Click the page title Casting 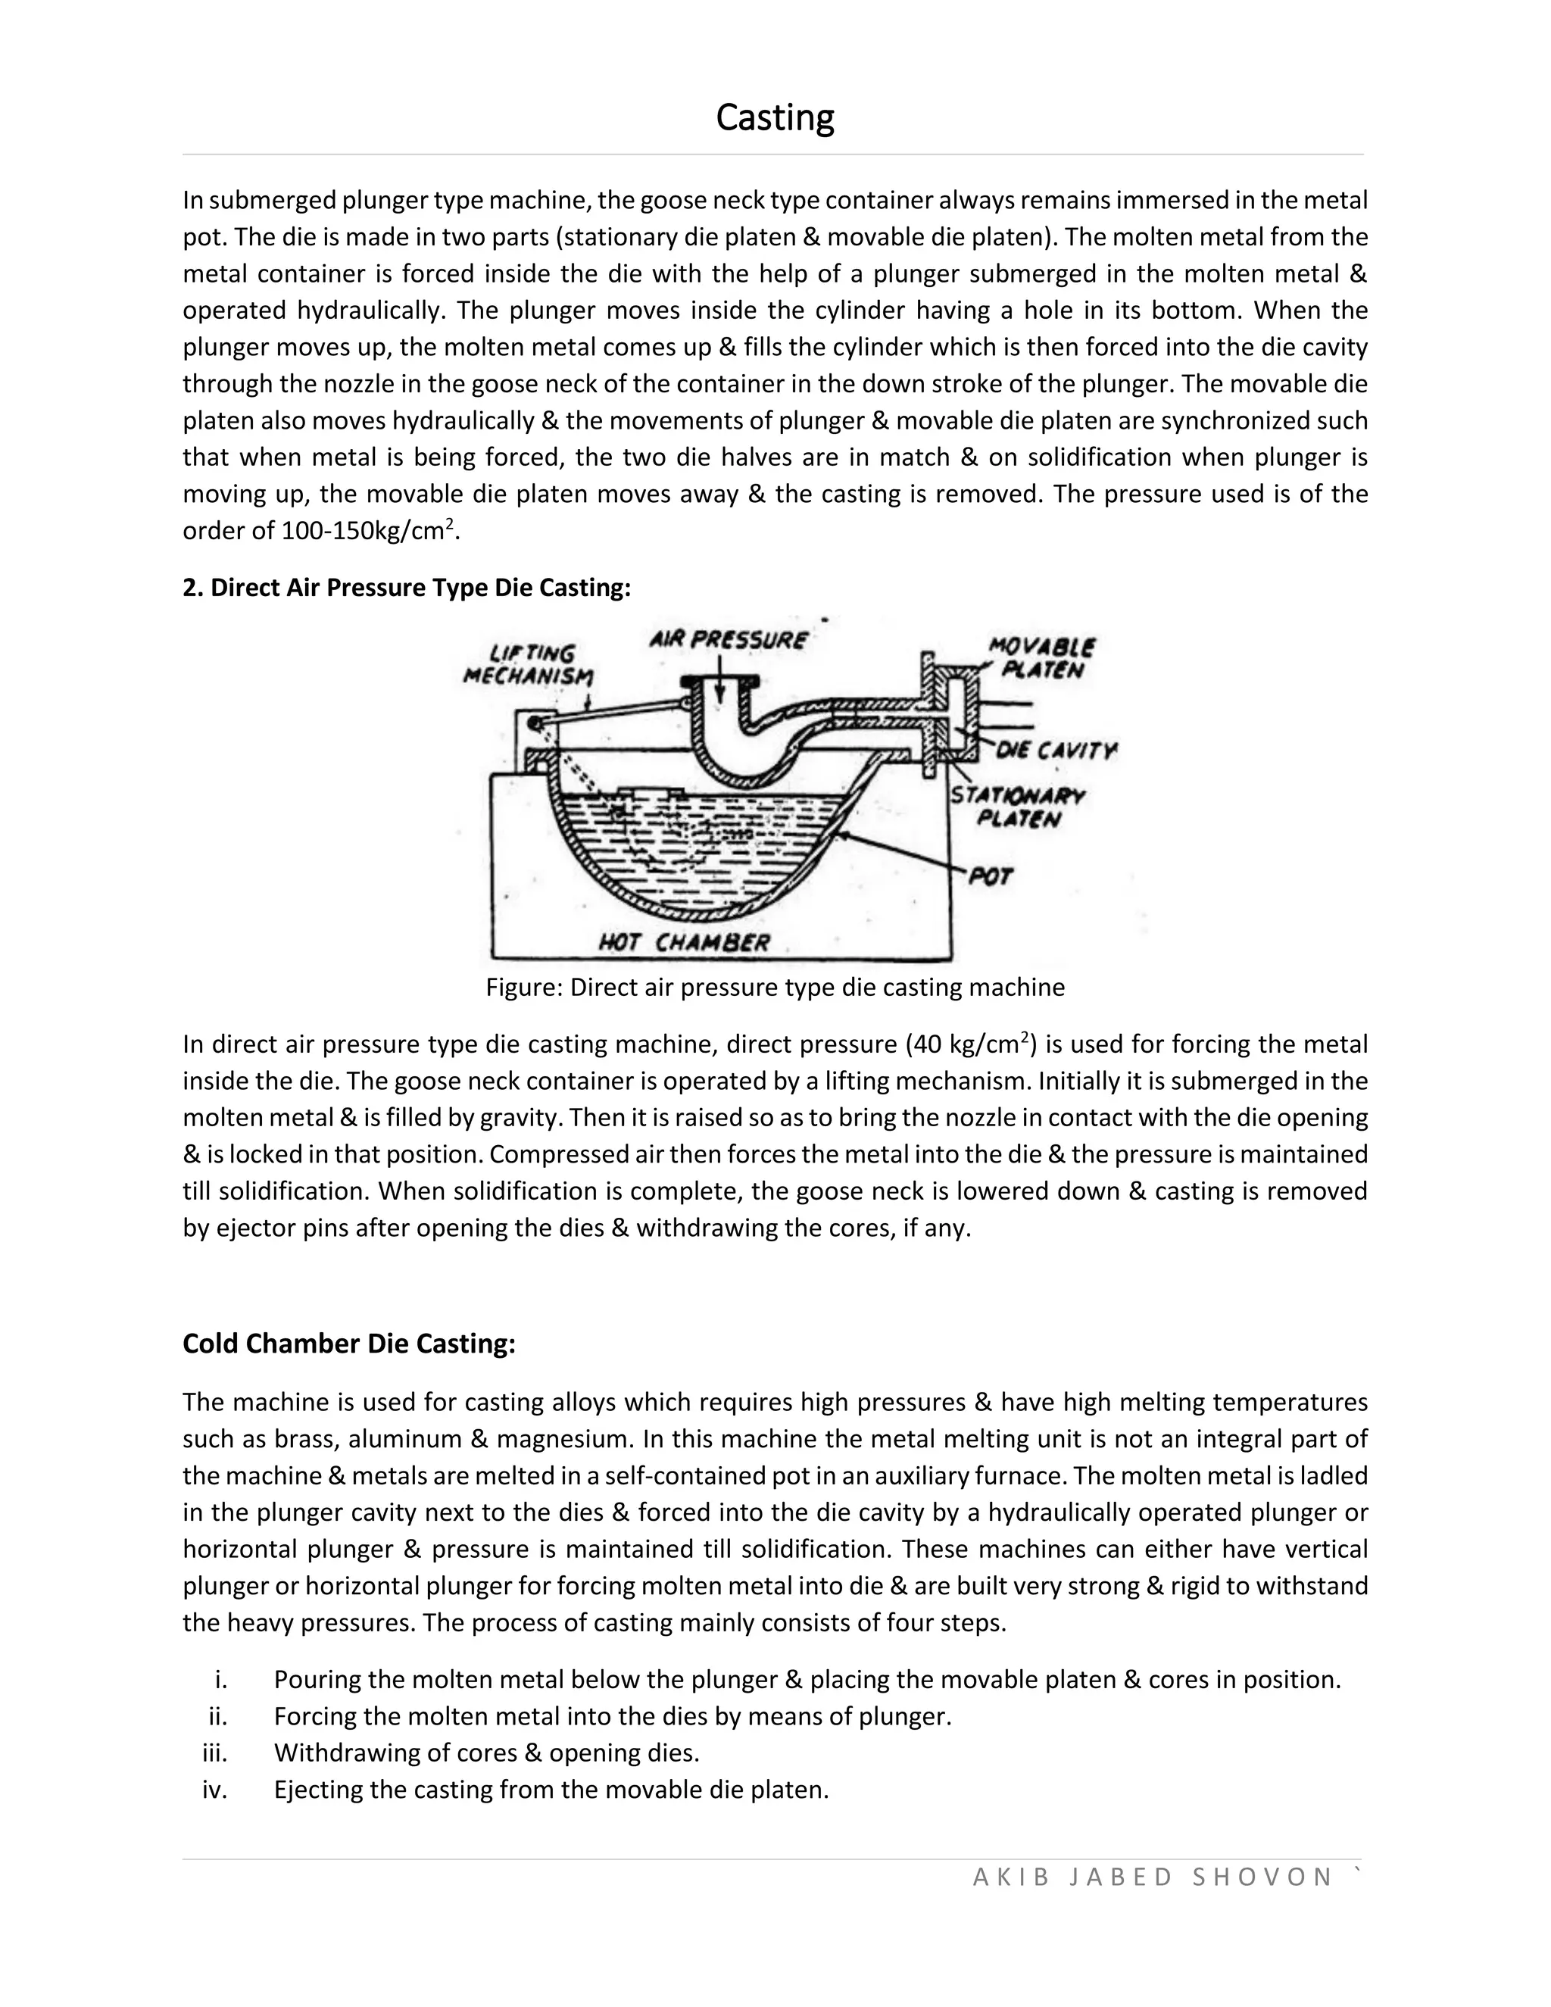[x=775, y=117]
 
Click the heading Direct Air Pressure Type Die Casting [x=407, y=588]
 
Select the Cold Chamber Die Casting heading [x=349, y=1344]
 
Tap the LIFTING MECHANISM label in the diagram [x=529, y=664]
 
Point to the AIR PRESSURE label [x=729, y=640]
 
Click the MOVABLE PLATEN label [x=1042, y=658]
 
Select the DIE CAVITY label [x=1056, y=752]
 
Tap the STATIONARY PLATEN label [x=1017, y=807]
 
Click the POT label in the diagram [x=991, y=877]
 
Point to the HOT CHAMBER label [x=685, y=943]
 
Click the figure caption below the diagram [x=775, y=988]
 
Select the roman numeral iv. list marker [x=215, y=1790]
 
